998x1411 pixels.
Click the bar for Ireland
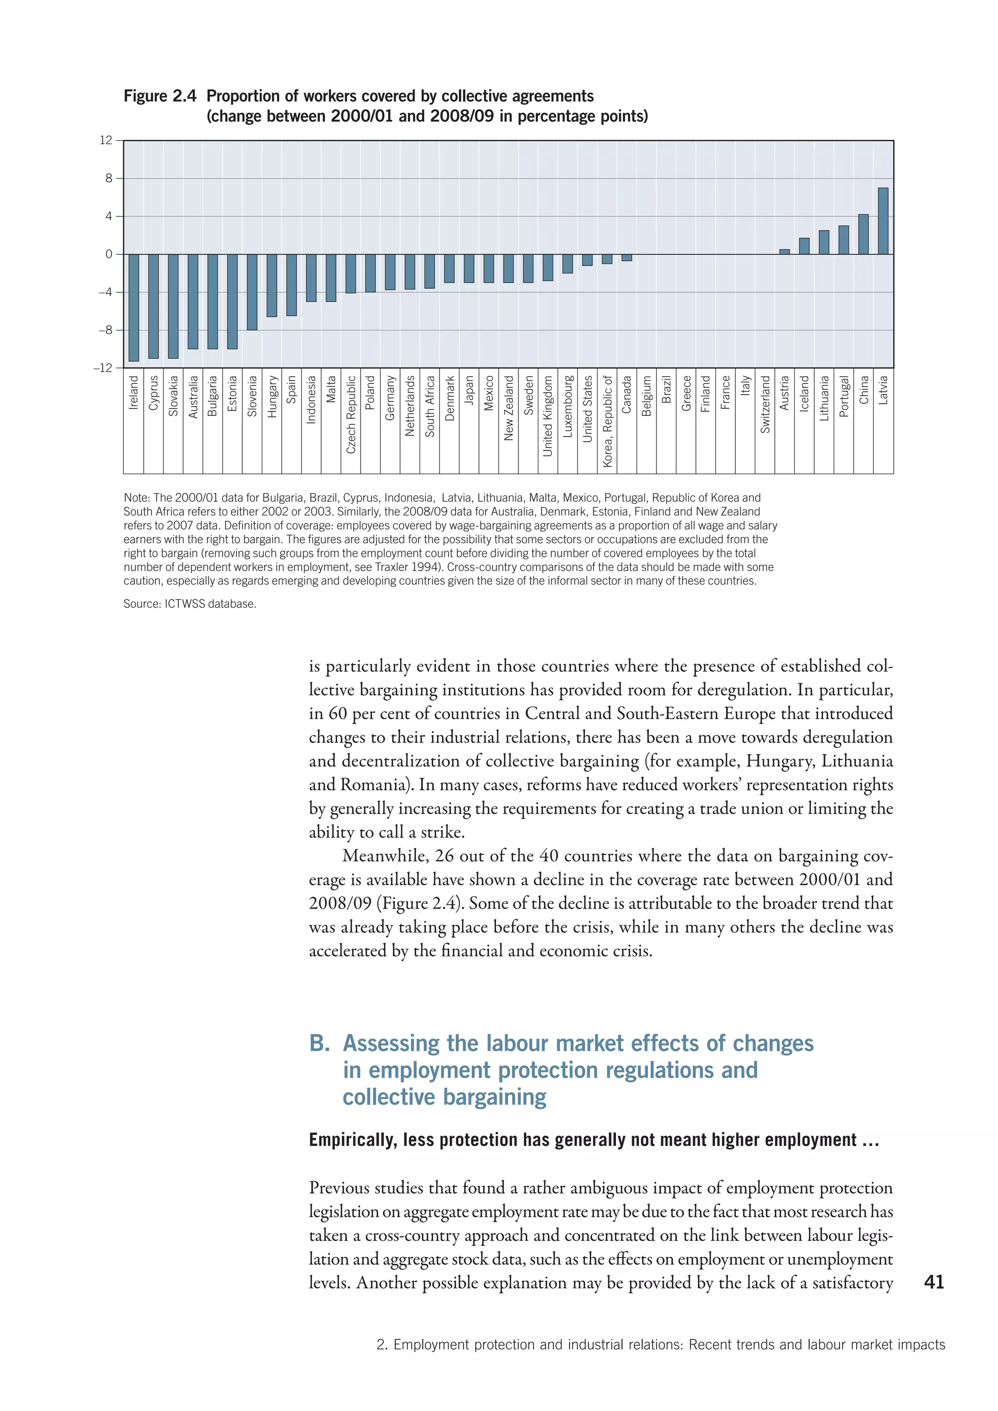[x=134, y=307]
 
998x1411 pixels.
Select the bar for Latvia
[x=883, y=221]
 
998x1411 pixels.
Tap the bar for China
[x=863, y=234]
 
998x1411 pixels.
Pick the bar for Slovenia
[x=252, y=292]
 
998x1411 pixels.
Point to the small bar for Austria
[x=784, y=252]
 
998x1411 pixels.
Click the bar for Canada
[x=626, y=257]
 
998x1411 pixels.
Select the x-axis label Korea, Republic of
[x=607, y=421]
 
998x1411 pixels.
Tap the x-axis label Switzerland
[x=765, y=404]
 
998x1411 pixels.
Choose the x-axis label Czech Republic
[x=350, y=415]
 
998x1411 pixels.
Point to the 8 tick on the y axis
[x=109, y=178]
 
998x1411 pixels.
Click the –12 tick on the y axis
[x=104, y=368]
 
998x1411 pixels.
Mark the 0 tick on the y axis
[x=109, y=254]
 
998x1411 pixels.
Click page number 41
[x=934, y=1282]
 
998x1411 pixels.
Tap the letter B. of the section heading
[x=319, y=1044]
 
